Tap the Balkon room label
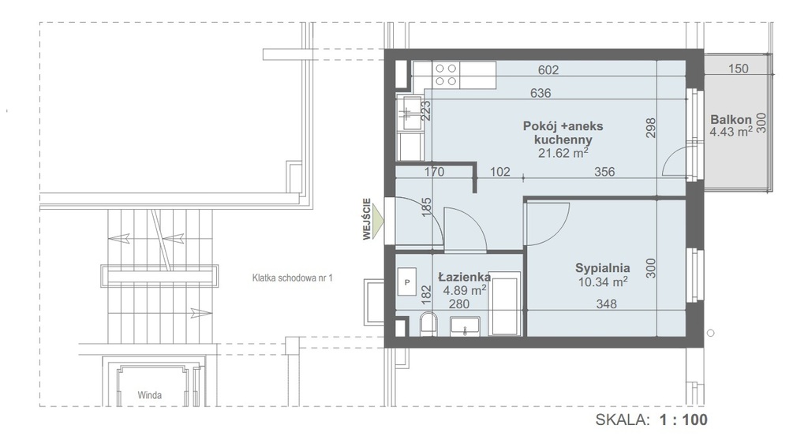coord(731,119)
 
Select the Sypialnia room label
coord(602,268)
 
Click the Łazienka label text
coord(464,277)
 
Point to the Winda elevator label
coord(149,395)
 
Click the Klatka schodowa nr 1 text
coord(292,278)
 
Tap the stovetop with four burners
coord(446,75)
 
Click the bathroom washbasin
coord(466,326)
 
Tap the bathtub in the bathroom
coord(506,304)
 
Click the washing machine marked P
coord(407,282)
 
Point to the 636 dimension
coord(540,93)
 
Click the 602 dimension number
coord(548,70)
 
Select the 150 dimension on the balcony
coord(738,69)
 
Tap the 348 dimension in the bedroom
coord(606,304)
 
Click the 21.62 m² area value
coord(563,153)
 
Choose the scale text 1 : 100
coord(683,419)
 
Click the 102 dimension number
coord(499,171)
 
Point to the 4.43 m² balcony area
coord(731,132)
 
